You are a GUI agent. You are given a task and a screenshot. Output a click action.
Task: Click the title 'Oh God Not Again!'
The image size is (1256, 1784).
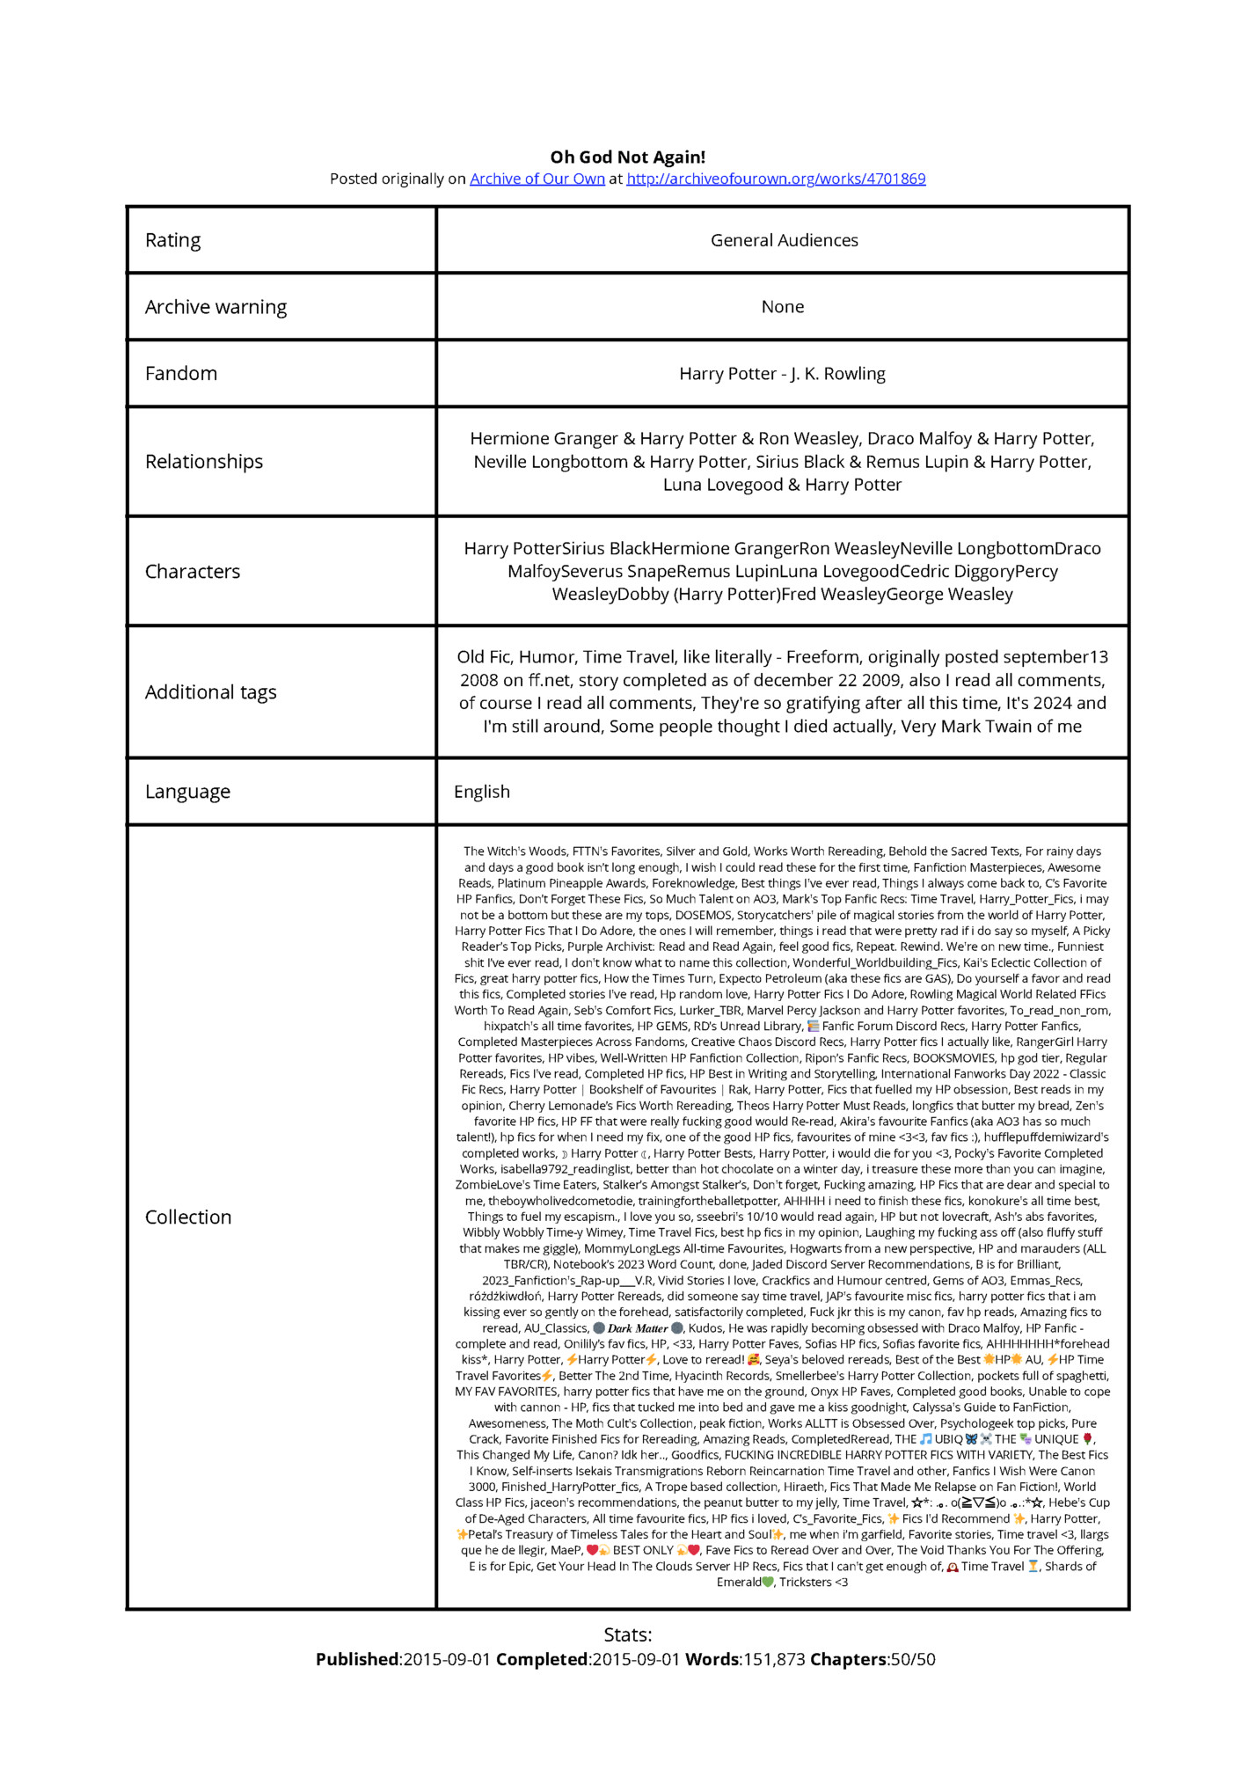pyautogui.click(x=627, y=157)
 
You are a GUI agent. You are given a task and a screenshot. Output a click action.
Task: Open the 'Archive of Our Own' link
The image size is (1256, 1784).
pyautogui.click(x=537, y=179)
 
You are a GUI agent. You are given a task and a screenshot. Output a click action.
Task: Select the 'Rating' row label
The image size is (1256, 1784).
pyautogui.click(x=172, y=240)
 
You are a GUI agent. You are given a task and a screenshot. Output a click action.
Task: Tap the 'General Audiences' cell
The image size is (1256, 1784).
pyautogui.click(x=784, y=240)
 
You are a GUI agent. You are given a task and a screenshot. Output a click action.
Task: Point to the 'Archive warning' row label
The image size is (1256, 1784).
pyautogui.click(x=215, y=307)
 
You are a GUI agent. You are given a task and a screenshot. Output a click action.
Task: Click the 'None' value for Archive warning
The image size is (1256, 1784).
pyautogui.click(x=782, y=307)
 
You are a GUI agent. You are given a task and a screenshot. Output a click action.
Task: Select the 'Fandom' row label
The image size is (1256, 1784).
pyautogui.click(x=180, y=373)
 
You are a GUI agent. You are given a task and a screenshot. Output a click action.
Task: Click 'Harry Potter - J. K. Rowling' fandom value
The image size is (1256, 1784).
pyautogui.click(x=782, y=374)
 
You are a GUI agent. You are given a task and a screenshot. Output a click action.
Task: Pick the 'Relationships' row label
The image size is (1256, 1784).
pyautogui.click(x=203, y=462)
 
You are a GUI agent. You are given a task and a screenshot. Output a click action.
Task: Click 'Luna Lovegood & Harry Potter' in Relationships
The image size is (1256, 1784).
pyautogui.click(x=782, y=485)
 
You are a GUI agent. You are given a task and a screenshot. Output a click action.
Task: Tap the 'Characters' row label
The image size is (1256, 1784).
pyautogui.click(x=192, y=572)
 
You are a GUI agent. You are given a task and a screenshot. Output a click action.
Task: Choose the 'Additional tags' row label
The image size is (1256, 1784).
pyautogui.click(x=210, y=692)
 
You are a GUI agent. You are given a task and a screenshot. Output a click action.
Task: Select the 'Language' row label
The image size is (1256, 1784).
pyautogui.click(x=187, y=792)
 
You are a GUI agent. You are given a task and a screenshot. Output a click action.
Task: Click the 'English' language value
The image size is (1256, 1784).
pyautogui.click(x=481, y=792)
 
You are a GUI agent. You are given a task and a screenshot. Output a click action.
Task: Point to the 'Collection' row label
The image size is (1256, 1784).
pyautogui.click(x=188, y=1217)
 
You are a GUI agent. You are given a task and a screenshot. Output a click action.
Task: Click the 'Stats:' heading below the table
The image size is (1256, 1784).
pyautogui.click(x=627, y=1635)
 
